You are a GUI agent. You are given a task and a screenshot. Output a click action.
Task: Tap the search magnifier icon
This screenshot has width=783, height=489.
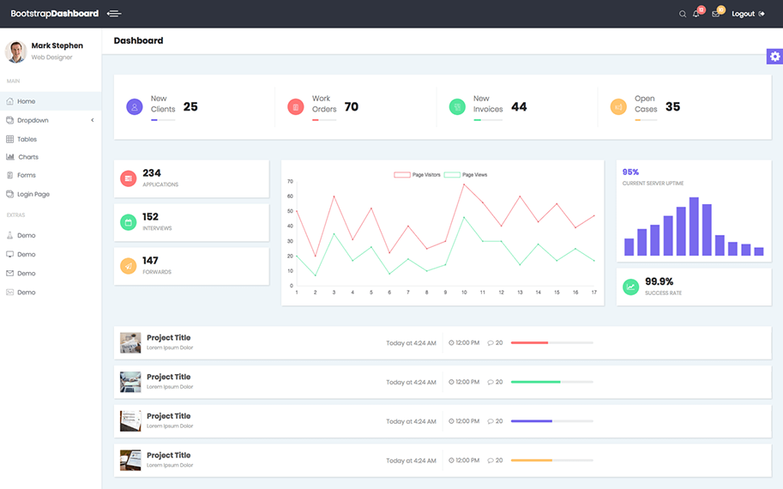point(683,14)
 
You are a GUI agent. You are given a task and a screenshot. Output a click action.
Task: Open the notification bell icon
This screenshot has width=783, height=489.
point(696,14)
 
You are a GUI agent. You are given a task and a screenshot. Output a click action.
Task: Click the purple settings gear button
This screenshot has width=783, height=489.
point(774,57)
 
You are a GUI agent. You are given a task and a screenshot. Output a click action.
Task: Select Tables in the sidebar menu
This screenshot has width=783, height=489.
point(27,139)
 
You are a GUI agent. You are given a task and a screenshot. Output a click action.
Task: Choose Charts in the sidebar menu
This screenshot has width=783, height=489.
point(28,157)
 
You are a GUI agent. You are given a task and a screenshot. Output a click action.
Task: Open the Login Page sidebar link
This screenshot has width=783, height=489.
point(33,195)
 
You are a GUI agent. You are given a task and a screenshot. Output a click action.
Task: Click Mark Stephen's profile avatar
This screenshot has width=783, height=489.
point(16,51)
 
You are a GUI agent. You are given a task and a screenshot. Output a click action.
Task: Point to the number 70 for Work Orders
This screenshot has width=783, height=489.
point(352,107)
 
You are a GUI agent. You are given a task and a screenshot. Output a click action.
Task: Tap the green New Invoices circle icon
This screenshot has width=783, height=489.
point(457,107)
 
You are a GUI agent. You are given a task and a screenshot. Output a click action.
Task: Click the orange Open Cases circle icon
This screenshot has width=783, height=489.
point(618,107)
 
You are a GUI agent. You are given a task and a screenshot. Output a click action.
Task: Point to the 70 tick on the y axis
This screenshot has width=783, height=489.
point(290,181)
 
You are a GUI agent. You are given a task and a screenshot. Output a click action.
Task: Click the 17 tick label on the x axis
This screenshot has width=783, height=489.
point(593,293)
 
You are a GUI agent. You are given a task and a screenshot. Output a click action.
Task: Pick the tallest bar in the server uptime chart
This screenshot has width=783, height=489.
point(694,226)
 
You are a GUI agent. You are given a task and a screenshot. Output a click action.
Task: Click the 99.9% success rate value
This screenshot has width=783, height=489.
point(659,281)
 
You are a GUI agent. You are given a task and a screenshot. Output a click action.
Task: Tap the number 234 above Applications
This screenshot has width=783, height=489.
point(152,173)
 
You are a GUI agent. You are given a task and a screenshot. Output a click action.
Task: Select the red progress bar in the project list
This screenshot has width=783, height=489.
point(529,342)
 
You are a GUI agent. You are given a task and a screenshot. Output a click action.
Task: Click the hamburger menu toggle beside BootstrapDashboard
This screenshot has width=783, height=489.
point(114,14)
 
